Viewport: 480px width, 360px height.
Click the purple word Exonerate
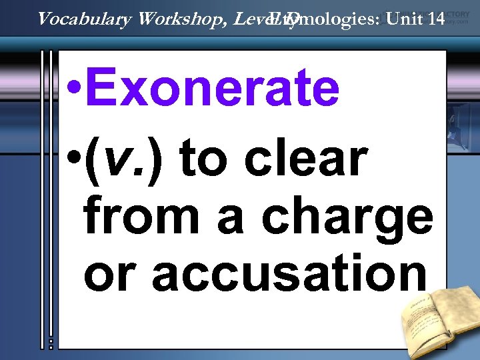coord(212,90)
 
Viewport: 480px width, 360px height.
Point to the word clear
coord(307,159)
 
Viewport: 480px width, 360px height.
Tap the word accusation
coord(289,273)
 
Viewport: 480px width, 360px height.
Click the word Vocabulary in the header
coord(84,19)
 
